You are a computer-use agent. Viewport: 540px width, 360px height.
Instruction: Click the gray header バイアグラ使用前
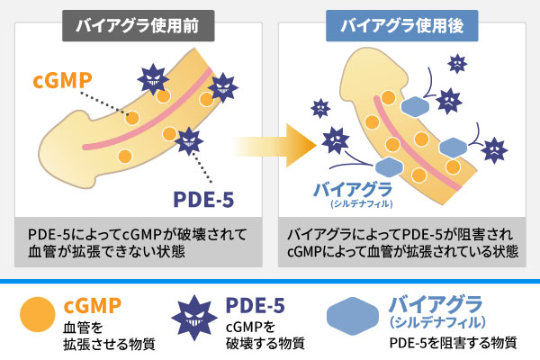pyautogui.click(x=138, y=26)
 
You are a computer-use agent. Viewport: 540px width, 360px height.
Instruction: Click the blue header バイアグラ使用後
pyautogui.click(x=402, y=26)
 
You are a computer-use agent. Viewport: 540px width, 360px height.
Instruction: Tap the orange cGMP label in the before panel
pyautogui.click(x=62, y=81)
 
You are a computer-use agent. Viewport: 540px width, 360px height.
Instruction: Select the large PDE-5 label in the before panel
pyautogui.click(x=203, y=199)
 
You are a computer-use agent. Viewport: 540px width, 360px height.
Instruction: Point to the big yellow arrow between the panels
pyautogui.click(x=274, y=146)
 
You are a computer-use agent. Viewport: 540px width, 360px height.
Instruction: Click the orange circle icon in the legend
pyautogui.click(x=38, y=314)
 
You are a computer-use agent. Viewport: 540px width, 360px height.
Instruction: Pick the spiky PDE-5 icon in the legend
pyautogui.click(x=194, y=318)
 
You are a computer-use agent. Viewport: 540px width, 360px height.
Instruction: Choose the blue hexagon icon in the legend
pyautogui.click(x=352, y=316)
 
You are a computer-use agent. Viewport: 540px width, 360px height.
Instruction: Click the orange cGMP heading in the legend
pyautogui.click(x=93, y=305)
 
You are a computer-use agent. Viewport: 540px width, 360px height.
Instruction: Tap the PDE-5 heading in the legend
pyautogui.click(x=256, y=305)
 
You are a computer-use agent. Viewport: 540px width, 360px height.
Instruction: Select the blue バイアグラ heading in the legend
pyautogui.click(x=436, y=304)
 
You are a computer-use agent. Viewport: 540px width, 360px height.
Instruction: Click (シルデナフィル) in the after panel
pyautogui.click(x=362, y=204)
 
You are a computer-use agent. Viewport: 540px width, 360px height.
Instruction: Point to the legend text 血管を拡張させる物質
pyautogui.click(x=109, y=336)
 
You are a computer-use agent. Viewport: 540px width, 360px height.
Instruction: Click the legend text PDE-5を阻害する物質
pyautogui.click(x=454, y=343)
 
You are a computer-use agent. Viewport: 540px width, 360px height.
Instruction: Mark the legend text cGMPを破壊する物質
pyautogui.click(x=265, y=335)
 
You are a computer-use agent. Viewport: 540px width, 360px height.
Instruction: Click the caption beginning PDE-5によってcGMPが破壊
pyautogui.click(x=138, y=243)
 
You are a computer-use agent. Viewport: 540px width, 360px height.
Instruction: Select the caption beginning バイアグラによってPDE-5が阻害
pyautogui.click(x=402, y=243)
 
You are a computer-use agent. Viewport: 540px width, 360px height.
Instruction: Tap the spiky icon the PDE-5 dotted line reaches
pyautogui.click(x=189, y=141)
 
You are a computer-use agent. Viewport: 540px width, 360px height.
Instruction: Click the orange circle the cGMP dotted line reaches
pyautogui.click(x=132, y=118)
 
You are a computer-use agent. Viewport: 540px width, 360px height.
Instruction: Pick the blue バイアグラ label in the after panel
pyautogui.click(x=353, y=190)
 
